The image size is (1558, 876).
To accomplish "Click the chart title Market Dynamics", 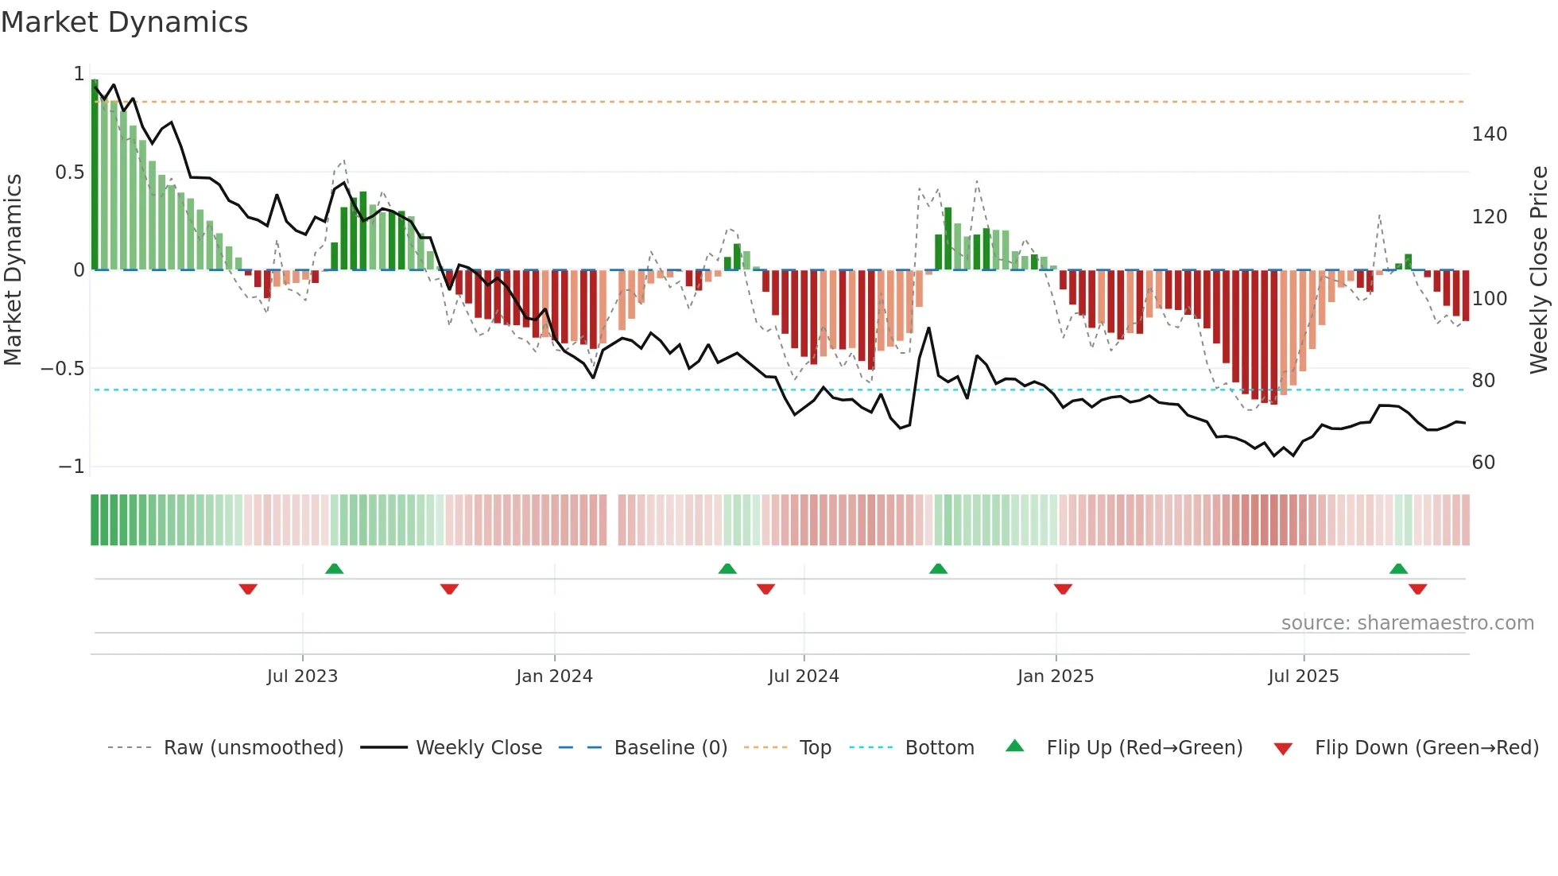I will tap(124, 22).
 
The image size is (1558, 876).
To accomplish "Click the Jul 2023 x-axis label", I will tap(302, 676).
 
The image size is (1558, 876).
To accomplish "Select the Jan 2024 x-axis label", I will tap(554, 676).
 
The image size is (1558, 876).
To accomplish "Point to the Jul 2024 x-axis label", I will tap(803, 676).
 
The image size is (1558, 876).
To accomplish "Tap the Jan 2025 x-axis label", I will tap(1055, 676).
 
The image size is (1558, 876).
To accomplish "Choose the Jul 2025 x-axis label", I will tap(1303, 676).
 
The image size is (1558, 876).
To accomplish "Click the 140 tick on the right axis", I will tap(1489, 134).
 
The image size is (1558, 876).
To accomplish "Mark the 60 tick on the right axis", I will tap(1483, 463).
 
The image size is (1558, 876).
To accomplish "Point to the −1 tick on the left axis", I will tap(71, 467).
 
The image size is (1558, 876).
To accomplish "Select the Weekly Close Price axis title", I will tap(1539, 270).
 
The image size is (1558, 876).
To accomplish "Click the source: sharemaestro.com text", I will tap(1407, 623).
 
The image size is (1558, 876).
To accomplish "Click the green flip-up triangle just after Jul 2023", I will tap(334, 569).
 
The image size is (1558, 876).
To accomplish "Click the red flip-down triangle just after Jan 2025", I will tap(1063, 589).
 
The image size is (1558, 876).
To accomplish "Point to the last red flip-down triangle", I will tap(1417, 589).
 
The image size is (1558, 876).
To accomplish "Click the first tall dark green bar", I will tap(95, 175).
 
